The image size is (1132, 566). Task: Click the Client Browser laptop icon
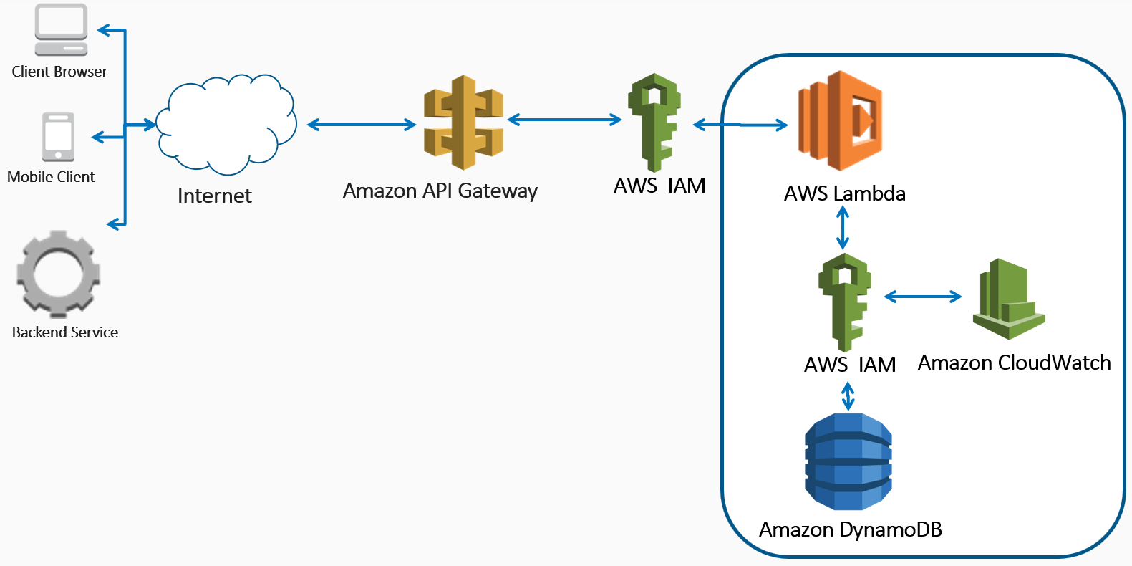click(x=62, y=29)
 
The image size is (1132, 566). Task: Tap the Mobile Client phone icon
click(x=58, y=136)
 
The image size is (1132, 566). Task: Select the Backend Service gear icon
click(x=58, y=274)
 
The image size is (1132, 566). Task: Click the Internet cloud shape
click(x=226, y=125)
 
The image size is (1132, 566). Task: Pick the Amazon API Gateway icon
click(x=464, y=123)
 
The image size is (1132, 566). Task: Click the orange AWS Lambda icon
click(x=841, y=120)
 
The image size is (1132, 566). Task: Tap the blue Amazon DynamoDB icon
click(x=848, y=461)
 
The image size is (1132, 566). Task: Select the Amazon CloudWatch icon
click(x=1008, y=299)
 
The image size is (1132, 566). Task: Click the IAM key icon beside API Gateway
click(x=654, y=122)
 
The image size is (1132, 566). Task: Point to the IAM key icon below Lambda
click(x=845, y=301)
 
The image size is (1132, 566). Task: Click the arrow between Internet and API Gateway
click(x=362, y=125)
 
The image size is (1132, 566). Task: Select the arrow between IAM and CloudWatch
click(x=923, y=296)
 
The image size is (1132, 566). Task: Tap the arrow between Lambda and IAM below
click(x=843, y=228)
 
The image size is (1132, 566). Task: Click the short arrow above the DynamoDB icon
click(x=848, y=396)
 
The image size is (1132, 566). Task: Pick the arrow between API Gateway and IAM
click(x=564, y=120)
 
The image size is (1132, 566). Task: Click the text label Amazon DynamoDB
click(x=851, y=529)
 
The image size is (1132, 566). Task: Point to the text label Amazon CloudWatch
click(x=1014, y=363)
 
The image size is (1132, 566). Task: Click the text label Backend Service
click(x=65, y=332)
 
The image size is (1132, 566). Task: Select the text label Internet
click(x=215, y=196)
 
